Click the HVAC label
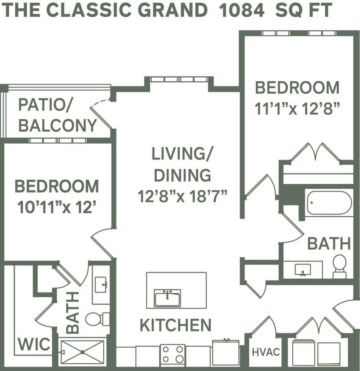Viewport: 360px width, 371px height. [266, 353]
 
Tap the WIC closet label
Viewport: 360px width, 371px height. [34, 344]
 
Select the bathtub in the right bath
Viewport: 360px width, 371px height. [329, 203]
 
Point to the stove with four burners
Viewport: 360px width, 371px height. [173, 354]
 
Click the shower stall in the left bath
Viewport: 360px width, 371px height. [82, 352]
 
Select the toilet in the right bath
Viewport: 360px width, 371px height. [339, 265]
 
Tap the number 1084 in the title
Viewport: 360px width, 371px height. [241, 10]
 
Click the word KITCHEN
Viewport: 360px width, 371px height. [175, 325]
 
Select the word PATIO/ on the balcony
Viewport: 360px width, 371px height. [46, 105]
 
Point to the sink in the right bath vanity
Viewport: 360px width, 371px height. [303, 269]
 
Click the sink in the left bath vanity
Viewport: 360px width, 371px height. [101, 284]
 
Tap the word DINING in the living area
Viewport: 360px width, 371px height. [182, 175]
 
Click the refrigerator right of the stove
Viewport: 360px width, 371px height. [225, 353]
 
